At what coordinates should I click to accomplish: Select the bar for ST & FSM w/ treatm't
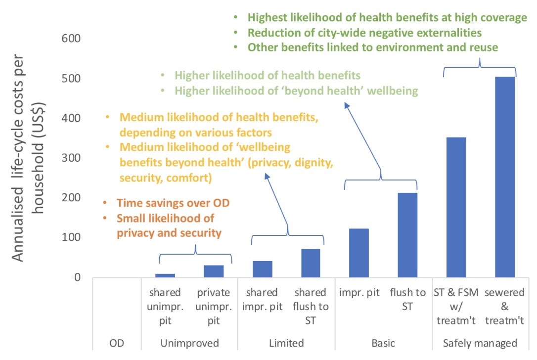pyautogui.click(x=456, y=207)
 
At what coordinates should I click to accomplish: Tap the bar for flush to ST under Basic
pyautogui.click(x=407, y=235)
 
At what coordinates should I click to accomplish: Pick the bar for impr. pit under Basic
pyautogui.click(x=359, y=253)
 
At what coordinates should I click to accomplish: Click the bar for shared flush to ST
pyautogui.click(x=311, y=263)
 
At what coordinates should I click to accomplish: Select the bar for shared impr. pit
pyautogui.click(x=262, y=269)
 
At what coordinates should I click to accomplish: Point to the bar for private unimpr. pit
pyautogui.click(x=214, y=271)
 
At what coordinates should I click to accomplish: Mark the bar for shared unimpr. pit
pyautogui.click(x=165, y=275)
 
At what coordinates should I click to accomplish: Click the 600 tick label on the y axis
pyautogui.click(x=71, y=39)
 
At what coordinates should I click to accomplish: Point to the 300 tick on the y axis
pyautogui.click(x=71, y=158)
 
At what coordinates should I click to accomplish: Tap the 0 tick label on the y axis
pyautogui.click(x=77, y=277)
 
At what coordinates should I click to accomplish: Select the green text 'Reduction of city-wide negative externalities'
pyautogui.click(x=364, y=33)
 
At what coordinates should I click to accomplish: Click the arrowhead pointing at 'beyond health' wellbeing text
pyautogui.click(x=347, y=105)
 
